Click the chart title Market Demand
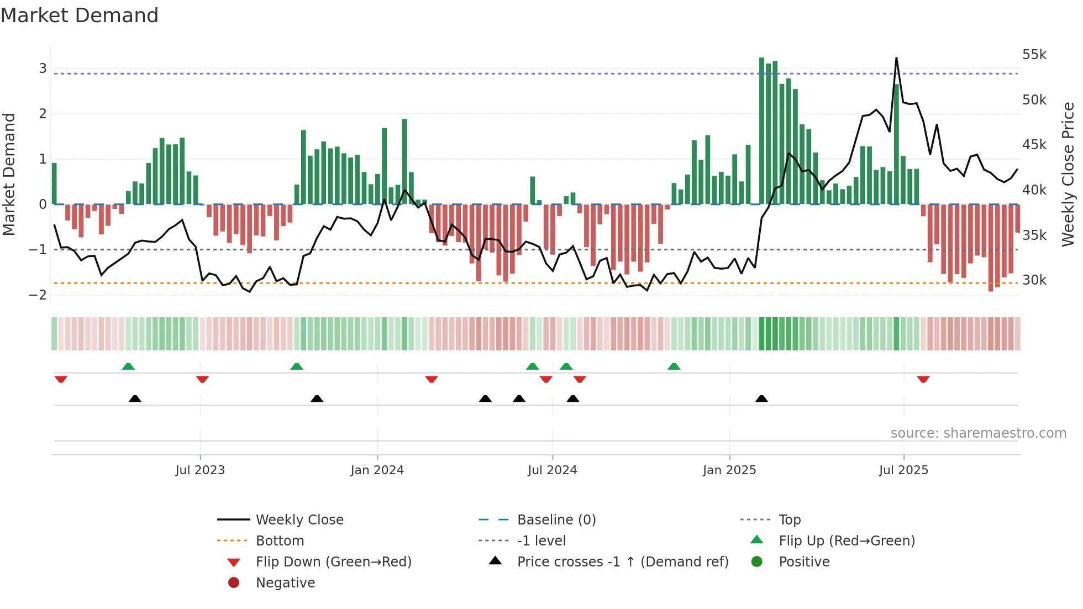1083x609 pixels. (80, 15)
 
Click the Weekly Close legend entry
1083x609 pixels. (299, 519)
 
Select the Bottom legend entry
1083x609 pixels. (280, 540)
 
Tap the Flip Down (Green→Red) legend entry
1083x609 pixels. (333, 561)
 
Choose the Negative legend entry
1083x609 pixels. (285, 582)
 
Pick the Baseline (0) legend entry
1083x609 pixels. (556, 519)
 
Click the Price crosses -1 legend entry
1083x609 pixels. (622, 561)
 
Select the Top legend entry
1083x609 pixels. (789, 519)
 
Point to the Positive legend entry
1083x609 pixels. (803, 561)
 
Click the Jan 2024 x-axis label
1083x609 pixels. (377, 470)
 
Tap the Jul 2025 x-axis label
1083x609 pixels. (903, 470)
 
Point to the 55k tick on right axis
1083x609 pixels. (1034, 55)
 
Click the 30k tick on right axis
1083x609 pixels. (1034, 280)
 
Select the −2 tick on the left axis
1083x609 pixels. (38, 295)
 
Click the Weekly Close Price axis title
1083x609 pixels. (1068, 174)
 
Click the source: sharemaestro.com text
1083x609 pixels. (978, 433)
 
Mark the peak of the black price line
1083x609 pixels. (896, 58)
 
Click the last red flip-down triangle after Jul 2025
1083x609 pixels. (923, 379)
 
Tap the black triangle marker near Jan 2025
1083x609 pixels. (761, 398)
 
